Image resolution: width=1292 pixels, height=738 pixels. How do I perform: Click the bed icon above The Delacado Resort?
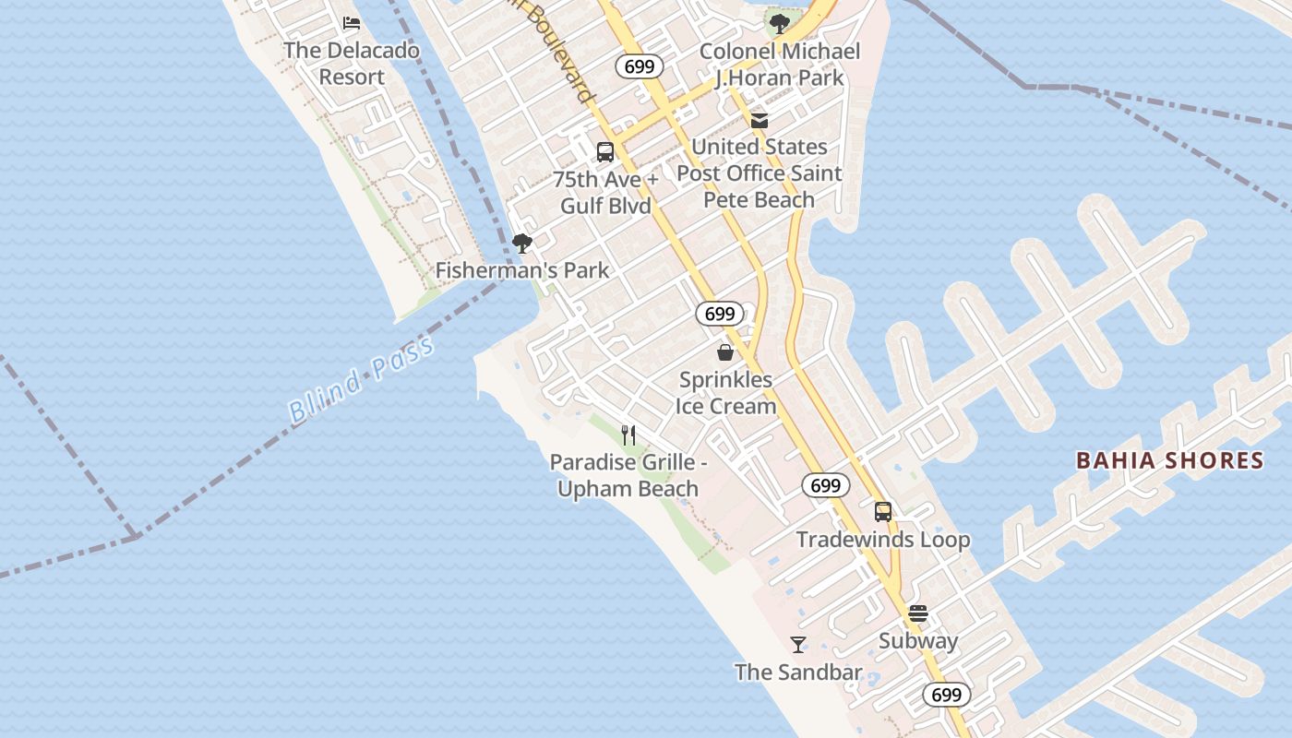click(351, 23)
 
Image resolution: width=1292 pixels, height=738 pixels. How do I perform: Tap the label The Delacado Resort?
click(352, 64)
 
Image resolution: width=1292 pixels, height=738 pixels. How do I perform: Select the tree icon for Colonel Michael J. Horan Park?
click(779, 23)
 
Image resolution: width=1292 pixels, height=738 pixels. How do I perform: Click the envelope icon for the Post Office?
click(760, 121)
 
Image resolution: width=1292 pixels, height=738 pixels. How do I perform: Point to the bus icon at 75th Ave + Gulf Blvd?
click(605, 152)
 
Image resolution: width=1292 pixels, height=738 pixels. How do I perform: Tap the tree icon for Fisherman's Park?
click(521, 244)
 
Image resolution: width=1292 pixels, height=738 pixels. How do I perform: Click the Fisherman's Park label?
click(522, 270)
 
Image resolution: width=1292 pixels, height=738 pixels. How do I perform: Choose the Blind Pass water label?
click(361, 380)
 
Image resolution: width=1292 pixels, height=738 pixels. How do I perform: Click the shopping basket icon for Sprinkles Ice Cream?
click(725, 352)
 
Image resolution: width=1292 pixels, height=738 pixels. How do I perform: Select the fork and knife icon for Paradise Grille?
click(628, 434)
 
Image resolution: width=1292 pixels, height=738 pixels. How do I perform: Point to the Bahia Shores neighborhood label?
click(1169, 460)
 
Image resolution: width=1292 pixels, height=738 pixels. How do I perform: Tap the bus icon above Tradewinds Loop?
click(883, 512)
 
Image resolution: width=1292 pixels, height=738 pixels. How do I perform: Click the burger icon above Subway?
click(918, 613)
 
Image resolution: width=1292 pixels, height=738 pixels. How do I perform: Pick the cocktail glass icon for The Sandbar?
click(798, 645)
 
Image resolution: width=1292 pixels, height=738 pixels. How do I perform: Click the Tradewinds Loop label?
click(883, 540)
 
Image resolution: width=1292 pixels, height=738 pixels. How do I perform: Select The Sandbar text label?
click(798, 673)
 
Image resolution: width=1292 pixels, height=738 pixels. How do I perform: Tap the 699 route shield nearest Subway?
click(946, 695)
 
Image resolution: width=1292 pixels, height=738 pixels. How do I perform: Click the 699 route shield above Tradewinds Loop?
click(826, 485)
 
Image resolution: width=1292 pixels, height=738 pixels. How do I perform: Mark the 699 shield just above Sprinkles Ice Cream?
click(720, 314)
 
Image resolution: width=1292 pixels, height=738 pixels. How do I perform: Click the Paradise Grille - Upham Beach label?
click(628, 475)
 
